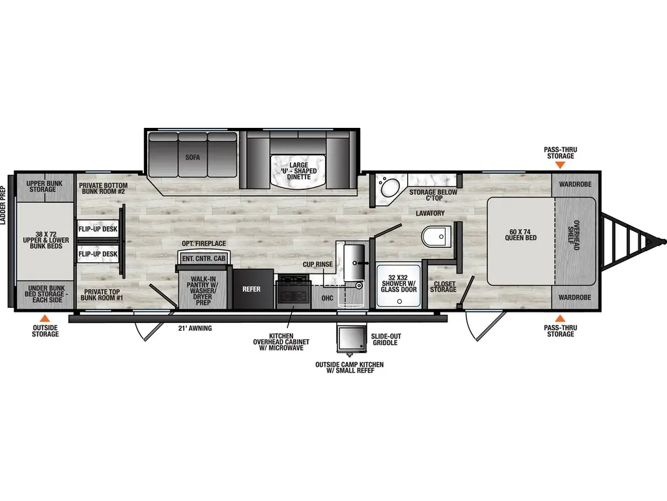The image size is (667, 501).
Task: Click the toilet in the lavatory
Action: [x=433, y=236]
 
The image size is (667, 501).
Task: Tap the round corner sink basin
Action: [x=390, y=189]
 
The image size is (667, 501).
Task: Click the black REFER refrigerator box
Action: [x=251, y=288]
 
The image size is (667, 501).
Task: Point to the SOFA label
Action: [x=192, y=157]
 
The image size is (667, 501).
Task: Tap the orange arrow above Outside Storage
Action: [x=45, y=320]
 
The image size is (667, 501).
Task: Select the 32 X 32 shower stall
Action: [x=399, y=285]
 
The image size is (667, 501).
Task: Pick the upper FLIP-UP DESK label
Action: [x=98, y=230]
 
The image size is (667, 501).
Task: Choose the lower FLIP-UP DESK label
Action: [x=98, y=254]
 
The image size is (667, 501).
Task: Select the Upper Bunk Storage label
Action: [x=44, y=186]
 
